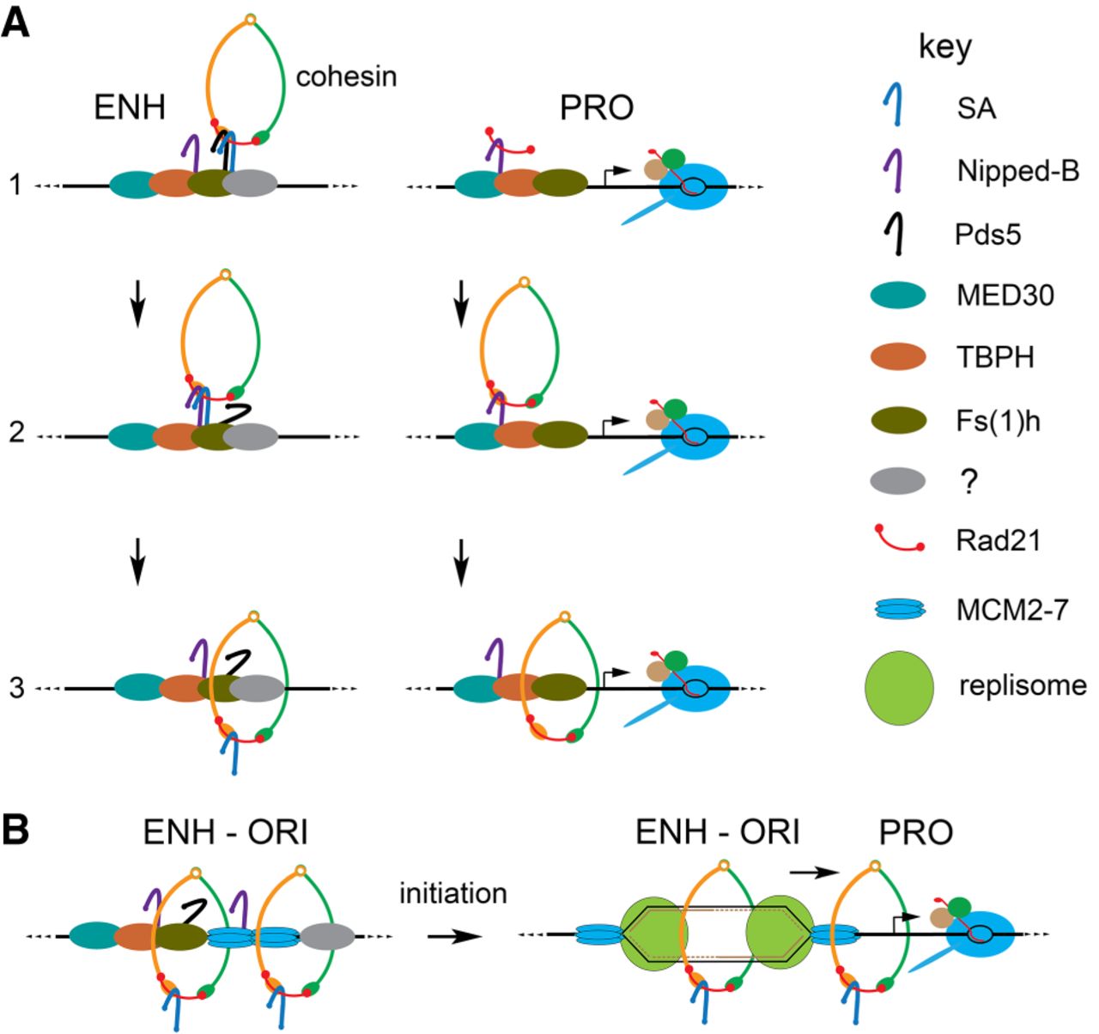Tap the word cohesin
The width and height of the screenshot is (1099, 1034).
(x=346, y=76)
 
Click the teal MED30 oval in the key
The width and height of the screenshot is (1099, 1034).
(x=898, y=295)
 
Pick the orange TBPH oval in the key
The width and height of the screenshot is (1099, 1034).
(x=898, y=356)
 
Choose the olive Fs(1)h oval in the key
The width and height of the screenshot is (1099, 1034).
(x=898, y=420)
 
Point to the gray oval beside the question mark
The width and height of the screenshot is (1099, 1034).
(x=898, y=482)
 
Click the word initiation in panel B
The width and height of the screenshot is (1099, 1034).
(x=453, y=894)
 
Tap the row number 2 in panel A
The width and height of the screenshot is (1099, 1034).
(x=17, y=432)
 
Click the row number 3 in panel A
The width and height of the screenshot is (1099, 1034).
(x=17, y=687)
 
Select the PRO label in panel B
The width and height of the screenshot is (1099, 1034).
(x=915, y=832)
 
